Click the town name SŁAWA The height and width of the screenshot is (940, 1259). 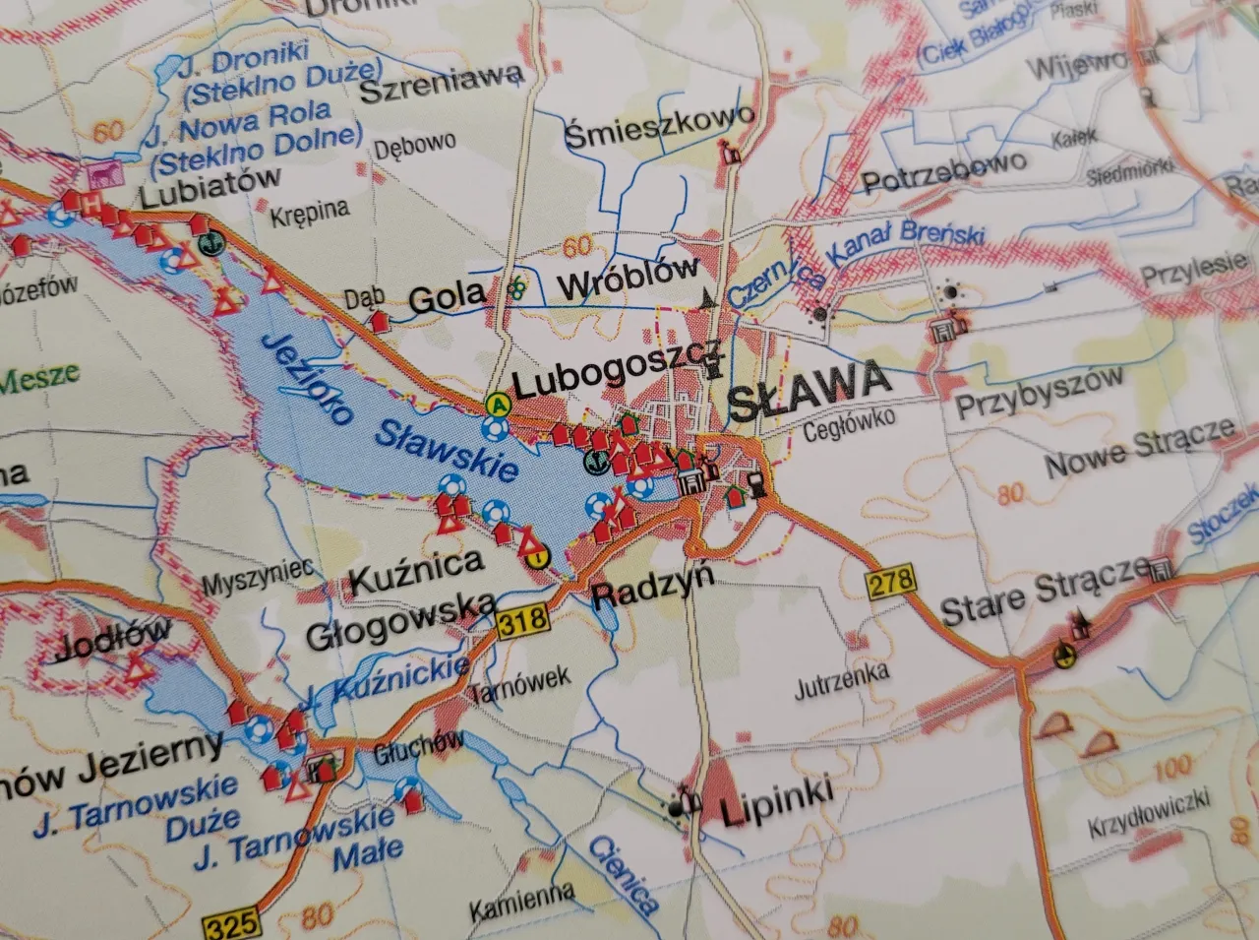[809, 384]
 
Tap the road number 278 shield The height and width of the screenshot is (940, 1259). [890, 580]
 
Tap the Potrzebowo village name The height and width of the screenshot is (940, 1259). [944, 173]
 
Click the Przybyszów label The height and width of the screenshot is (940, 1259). [1040, 393]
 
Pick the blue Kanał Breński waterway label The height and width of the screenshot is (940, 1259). [906, 244]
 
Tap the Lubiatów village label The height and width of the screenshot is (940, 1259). [210, 187]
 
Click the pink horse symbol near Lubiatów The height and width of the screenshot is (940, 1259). [101, 175]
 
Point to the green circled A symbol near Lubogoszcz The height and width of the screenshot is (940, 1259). [499, 403]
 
